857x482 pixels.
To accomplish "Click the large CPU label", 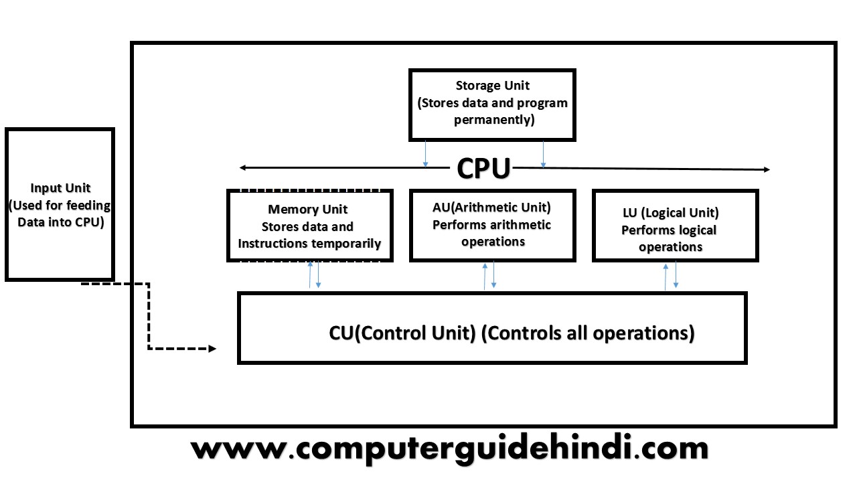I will pyautogui.click(x=483, y=168).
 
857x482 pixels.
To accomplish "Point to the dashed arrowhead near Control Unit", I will pyautogui.click(x=212, y=349).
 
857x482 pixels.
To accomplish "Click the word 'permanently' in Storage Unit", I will pyautogui.click(x=493, y=120).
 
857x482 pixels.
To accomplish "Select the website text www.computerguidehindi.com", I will pyautogui.click(x=449, y=449).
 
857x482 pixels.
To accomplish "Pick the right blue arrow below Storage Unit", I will pyautogui.click(x=543, y=154).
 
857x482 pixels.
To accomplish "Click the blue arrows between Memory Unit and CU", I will pyautogui.click(x=314, y=275).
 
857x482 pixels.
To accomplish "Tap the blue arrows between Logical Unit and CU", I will pyautogui.click(x=670, y=276).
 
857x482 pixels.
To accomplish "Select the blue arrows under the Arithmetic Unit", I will pyautogui.click(x=489, y=276).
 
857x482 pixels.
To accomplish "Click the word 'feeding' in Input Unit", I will pyautogui.click(x=90, y=206).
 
